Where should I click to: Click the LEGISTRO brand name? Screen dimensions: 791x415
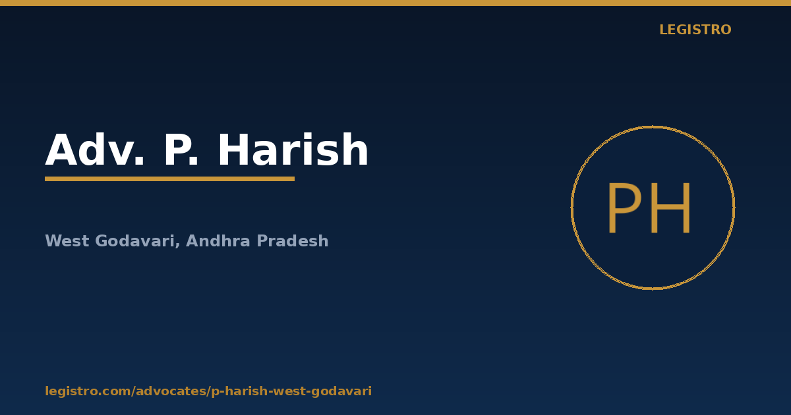695,30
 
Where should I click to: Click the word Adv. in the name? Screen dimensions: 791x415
95,150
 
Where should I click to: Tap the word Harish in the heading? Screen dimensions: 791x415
293,150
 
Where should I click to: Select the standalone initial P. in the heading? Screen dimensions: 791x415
181,150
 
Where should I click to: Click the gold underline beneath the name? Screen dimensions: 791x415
169,179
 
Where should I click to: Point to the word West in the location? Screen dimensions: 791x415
67,241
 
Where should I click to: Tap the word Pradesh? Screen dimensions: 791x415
293,240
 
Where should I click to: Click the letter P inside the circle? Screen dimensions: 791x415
624,208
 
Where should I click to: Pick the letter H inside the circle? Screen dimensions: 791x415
670,208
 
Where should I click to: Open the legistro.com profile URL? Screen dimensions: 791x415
208,391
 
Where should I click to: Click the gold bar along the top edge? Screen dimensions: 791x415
395,3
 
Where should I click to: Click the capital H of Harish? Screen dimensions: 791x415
234,150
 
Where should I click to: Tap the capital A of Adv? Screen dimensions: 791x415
61,150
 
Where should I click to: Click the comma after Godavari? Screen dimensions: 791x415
177,245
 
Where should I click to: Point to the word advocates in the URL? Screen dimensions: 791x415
171,391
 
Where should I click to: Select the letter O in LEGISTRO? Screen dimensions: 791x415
725,30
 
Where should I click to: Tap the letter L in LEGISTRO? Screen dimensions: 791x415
663,30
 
